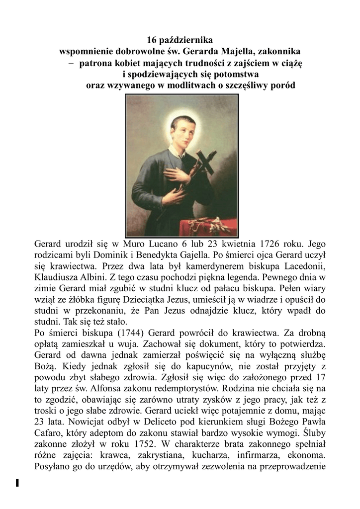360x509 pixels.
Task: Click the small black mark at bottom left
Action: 17,482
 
